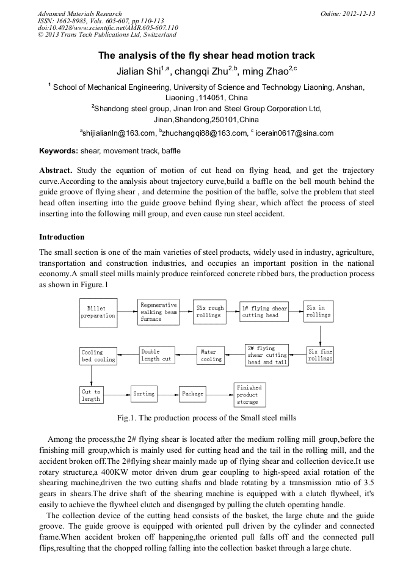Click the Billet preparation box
point(98,312)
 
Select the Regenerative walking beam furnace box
point(158,312)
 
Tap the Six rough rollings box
point(209,312)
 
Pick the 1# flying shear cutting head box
point(263,312)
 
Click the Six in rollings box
point(319,312)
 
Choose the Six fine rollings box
point(320,355)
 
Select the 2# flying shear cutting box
point(267,355)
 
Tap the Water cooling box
point(211,355)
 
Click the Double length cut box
point(158,355)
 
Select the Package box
point(192,394)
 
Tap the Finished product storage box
point(249,395)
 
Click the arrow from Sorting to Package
point(167,394)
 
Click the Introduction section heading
point(62,236)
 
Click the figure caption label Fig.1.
point(128,419)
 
